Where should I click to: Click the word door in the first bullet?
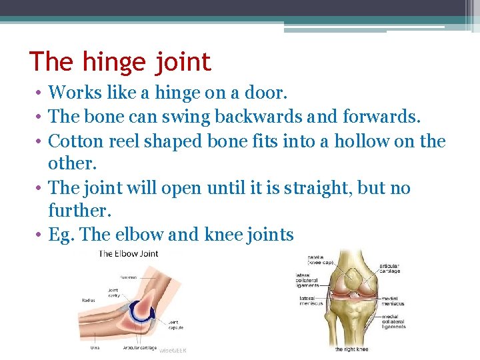click(x=253, y=91)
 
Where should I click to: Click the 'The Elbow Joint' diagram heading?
click(x=129, y=253)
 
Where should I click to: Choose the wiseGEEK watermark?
click(x=174, y=348)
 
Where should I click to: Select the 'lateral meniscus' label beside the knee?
click(x=310, y=301)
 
